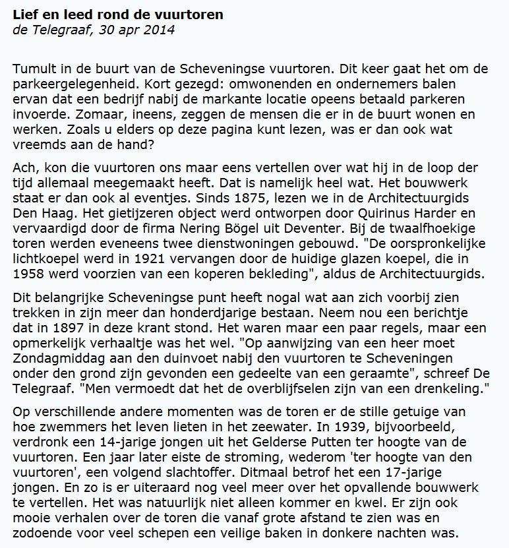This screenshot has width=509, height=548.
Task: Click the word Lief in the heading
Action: [x=24, y=14]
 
